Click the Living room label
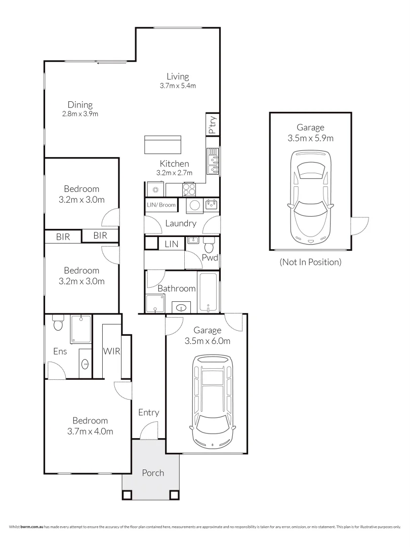tap(178, 76)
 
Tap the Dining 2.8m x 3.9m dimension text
tap(80, 114)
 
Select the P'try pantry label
tap(212, 125)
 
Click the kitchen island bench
tap(163, 144)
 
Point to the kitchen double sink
tap(213, 161)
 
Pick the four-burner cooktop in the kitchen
tap(189, 190)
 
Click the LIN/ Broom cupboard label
tap(161, 205)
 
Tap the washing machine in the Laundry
tap(194, 205)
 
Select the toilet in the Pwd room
tap(209, 246)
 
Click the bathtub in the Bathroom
tap(209, 292)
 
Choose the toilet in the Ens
tap(58, 323)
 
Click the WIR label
tap(111, 351)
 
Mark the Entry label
tap(149, 413)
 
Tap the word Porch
tap(153, 473)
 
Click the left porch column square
tap(127, 495)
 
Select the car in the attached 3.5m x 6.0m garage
tap(212, 402)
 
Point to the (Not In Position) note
tap(311, 262)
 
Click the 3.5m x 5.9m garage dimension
tap(311, 138)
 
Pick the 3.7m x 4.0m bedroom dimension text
tap(90, 432)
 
